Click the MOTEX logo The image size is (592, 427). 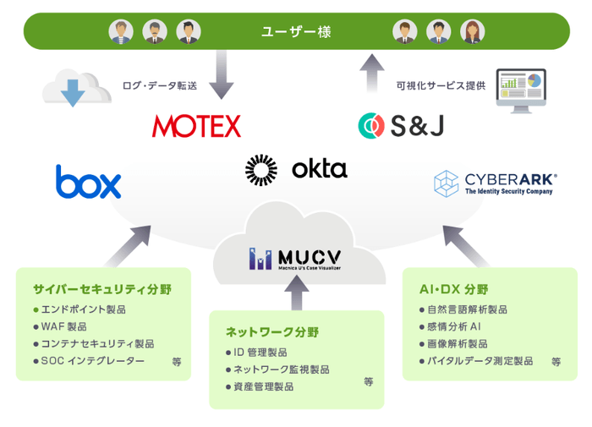[196, 126]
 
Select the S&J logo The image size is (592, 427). [400, 126]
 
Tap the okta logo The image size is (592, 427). [296, 169]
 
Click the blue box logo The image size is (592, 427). [88, 183]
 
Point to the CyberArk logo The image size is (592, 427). [495, 183]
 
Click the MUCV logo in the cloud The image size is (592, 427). [295, 259]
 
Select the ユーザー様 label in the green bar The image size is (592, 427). [296, 33]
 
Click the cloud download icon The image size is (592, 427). [74, 88]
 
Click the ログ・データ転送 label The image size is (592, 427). [160, 86]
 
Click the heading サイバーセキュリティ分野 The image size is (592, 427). [101, 289]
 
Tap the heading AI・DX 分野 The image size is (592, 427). [453, 288]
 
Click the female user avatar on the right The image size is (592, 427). [473, 32]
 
